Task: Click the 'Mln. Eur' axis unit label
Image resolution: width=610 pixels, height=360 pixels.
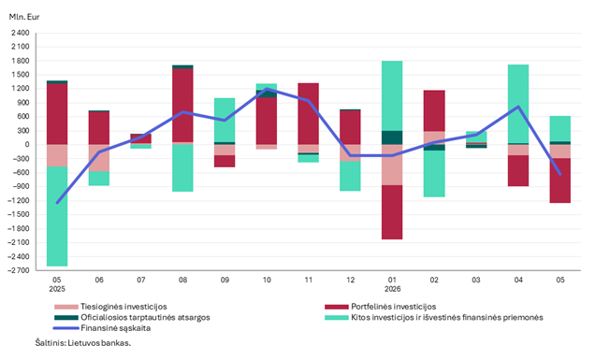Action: click(24, 17)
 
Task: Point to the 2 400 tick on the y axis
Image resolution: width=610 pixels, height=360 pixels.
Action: click(21, 33)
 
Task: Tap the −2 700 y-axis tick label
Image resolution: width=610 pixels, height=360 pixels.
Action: click(19, 270)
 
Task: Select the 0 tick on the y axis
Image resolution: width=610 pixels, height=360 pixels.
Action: click(27, 145)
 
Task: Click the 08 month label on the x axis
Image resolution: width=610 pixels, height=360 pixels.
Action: click(182, 280)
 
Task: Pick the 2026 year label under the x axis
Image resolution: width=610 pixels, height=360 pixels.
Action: click(393, 289)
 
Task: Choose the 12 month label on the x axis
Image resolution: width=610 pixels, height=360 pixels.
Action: click(351, 280)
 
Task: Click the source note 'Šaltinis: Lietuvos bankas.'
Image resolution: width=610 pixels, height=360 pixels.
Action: click(83, 343)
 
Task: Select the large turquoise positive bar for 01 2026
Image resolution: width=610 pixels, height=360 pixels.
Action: click(392, 96)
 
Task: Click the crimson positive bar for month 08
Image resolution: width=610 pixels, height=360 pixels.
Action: click(182, 106)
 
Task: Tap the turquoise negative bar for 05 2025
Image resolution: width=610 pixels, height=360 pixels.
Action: click(57, 217)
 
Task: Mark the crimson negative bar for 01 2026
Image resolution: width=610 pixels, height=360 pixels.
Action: click(392, 212)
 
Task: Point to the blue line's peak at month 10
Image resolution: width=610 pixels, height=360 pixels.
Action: click(267, 89)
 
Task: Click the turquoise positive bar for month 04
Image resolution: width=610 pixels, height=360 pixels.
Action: click(518, 104)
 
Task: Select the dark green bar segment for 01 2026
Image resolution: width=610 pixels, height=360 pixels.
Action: click(392, 137)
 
